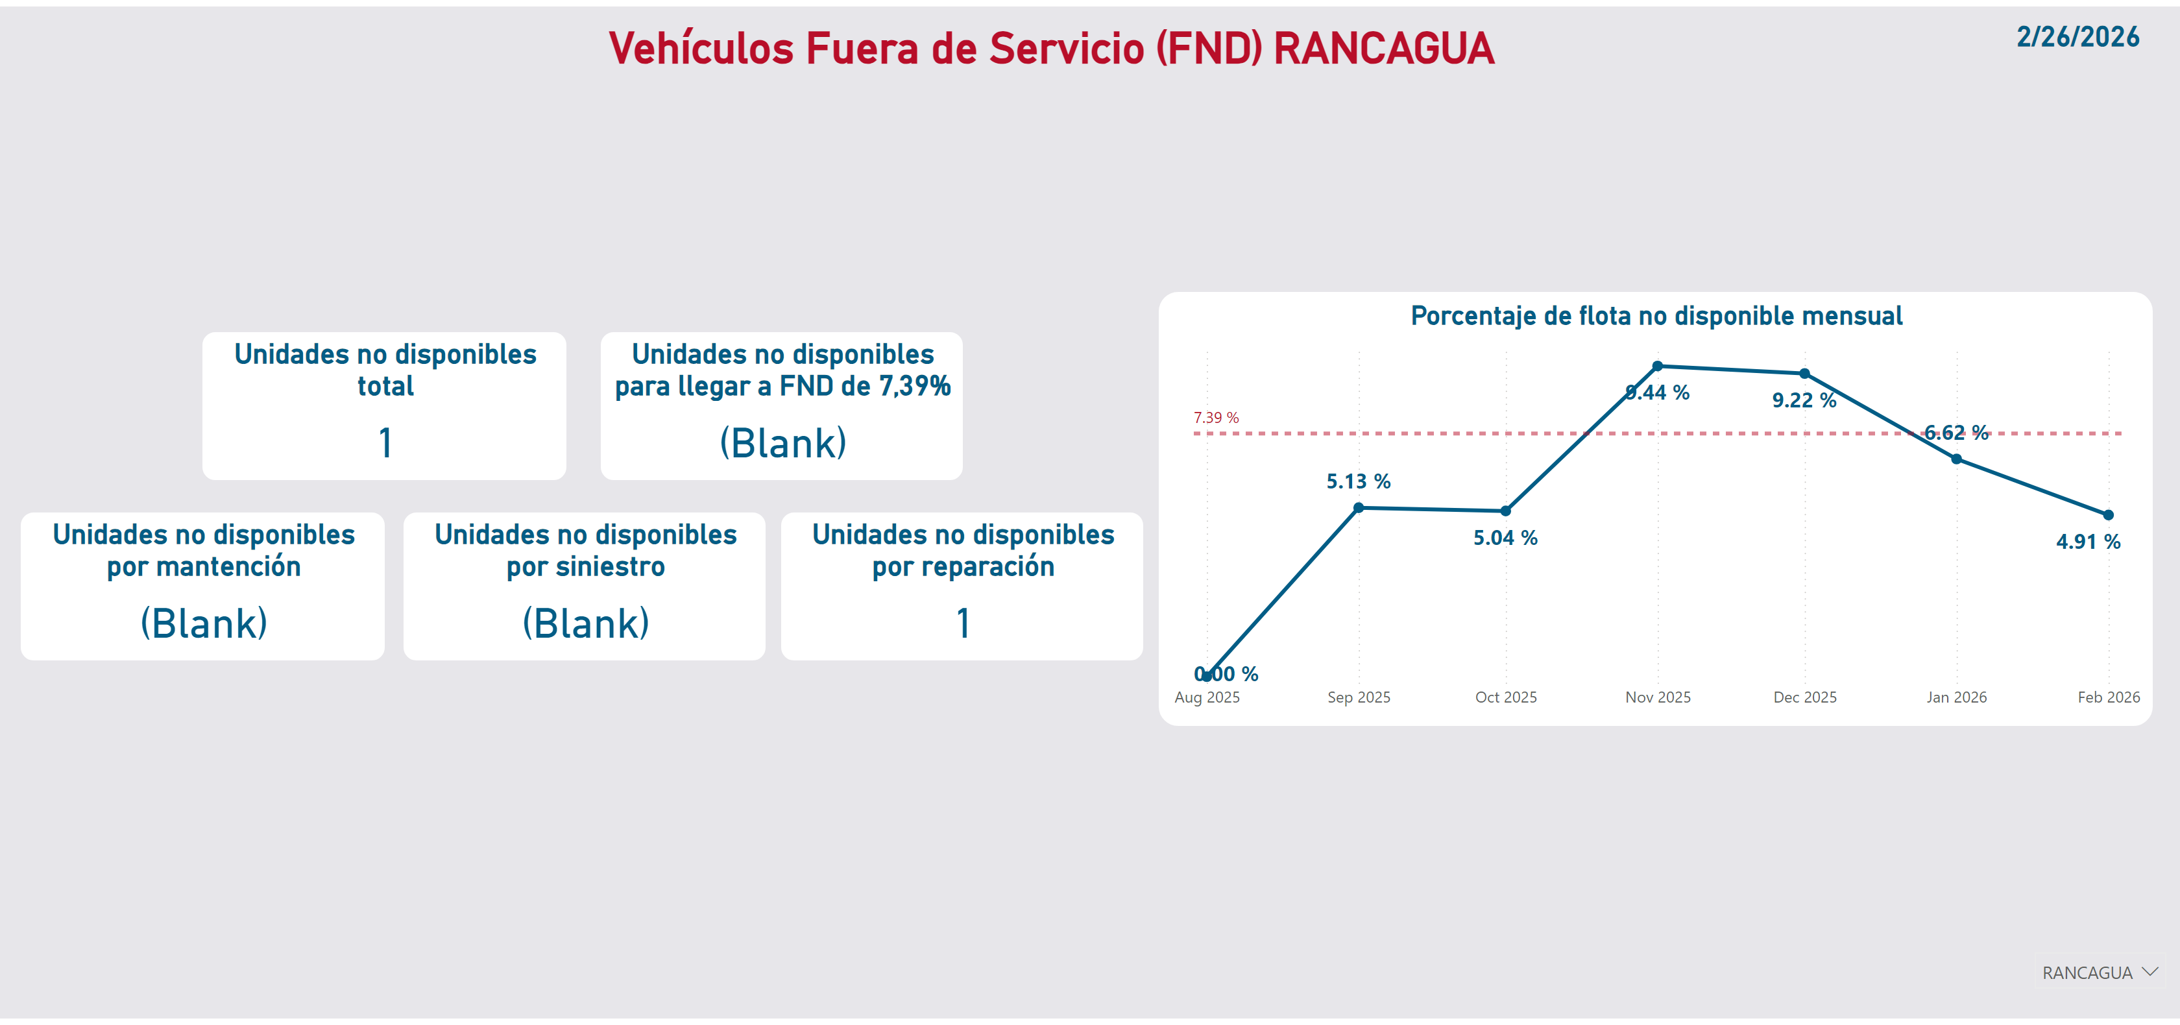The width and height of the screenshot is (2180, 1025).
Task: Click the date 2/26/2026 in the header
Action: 2077,37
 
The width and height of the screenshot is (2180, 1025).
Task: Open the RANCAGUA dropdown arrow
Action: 2150,972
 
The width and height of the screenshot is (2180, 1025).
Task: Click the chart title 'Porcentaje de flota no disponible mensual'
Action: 1656,316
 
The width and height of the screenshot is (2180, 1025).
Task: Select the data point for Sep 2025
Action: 1358,508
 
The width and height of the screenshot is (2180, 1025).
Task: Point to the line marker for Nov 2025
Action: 1658,367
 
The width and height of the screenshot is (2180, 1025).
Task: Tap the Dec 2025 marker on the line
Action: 1804,373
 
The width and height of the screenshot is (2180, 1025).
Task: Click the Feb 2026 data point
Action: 2108,514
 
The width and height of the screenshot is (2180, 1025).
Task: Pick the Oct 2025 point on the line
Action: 1505,511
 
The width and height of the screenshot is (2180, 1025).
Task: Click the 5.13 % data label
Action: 1358,481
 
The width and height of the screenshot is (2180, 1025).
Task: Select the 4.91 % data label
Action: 2088,542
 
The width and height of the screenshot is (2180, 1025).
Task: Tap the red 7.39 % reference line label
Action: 1216,417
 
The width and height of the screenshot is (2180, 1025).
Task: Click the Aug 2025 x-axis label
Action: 1207,697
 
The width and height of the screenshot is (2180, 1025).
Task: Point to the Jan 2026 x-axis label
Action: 1957,697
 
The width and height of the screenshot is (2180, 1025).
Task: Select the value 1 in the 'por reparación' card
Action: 963,623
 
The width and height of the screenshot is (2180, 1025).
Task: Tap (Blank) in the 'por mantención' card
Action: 204,624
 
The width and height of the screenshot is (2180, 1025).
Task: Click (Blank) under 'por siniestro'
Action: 586,624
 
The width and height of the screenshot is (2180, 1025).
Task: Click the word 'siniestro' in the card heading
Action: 610,566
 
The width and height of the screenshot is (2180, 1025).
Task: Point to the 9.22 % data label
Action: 1804,400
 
